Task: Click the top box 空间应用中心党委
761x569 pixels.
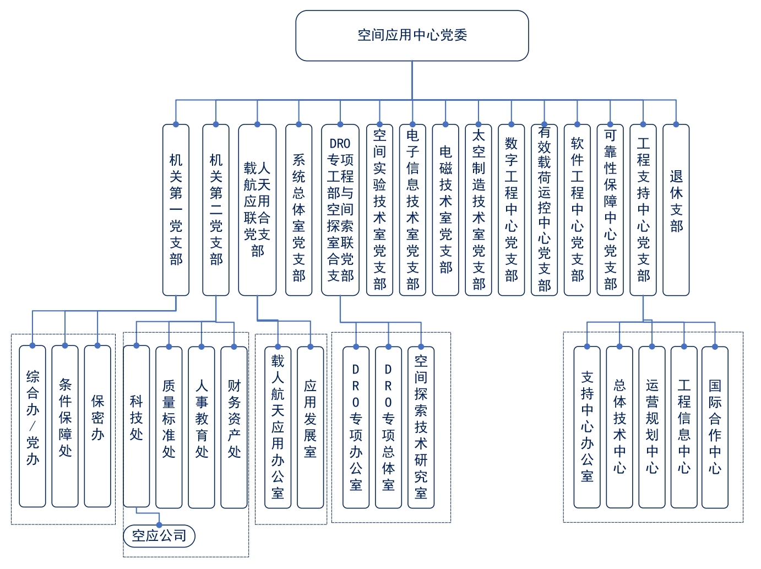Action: coord(412,35)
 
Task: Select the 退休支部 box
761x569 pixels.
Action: coord(676,209)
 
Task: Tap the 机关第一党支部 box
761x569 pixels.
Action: coord(176,209)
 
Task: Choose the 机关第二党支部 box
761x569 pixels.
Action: coord(216,209)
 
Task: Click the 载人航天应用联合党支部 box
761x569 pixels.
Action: coord(257,209)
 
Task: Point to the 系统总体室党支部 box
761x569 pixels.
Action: coord(298,209)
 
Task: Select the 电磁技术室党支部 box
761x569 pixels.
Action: coord(445,209)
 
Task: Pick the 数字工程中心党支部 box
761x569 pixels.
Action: coord(511,209)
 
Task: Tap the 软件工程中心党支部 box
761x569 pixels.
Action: coord(577,209)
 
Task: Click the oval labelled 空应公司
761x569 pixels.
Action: coord(159,536)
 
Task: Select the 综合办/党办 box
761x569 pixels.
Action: coord(32,426)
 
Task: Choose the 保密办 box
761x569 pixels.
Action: coord(97,426)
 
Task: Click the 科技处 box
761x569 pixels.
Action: coord(136,426)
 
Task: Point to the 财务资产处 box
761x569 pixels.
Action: coord(234,426)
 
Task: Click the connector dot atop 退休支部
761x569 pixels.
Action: coord(676,124)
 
